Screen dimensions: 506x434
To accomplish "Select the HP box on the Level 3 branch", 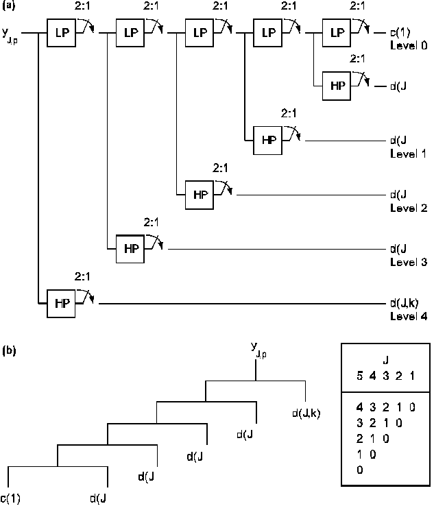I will pyautogui.click(x=130, y=249).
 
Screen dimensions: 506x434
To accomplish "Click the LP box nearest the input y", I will pyautogui.click(x=60, y=33).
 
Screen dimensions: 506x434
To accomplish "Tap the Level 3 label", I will pyautogui.click(x=409, y=261).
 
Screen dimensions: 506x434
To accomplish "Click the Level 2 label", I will pyautogui.click(x=409, y=207).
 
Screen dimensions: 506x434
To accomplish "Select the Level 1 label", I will pyautogui.click(x=409, y=153).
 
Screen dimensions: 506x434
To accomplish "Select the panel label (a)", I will pyautogui.click(x=8, y=6).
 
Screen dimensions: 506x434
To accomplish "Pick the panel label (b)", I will pyautogui.click(x=8, y=350).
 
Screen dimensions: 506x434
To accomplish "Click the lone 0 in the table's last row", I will pyautogui.click(x=359, y=470).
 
